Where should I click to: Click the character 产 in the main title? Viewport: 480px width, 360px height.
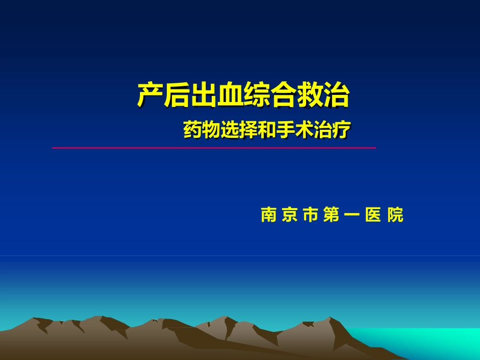point(150,95)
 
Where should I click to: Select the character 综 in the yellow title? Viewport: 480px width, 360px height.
point(256,95)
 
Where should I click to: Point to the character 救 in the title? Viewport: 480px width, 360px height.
point(309,95)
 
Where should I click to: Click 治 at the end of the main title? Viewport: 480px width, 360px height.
point(336,95)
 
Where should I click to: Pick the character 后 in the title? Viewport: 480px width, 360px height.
point(177,95)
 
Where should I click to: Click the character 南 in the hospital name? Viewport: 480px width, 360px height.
point(268,215)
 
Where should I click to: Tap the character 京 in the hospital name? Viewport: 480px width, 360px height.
point(290,215)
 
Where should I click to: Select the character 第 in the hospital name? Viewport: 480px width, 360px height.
point(332,215)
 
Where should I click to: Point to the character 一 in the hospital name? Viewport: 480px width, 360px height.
point(353,215)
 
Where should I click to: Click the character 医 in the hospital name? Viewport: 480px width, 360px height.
point(374,215)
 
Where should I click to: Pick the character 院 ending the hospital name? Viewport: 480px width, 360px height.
point(396,215)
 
